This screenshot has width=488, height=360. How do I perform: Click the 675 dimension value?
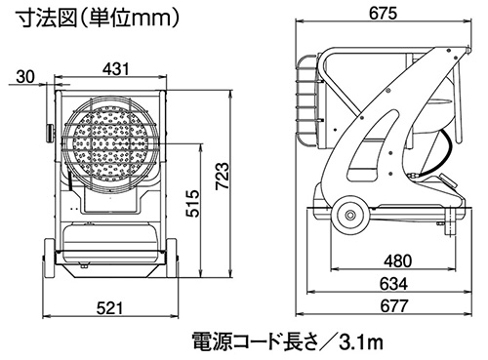tap(383, 13)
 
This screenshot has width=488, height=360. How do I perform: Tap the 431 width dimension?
tap(116, 69)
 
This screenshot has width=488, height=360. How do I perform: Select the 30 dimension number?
tap(25, 77)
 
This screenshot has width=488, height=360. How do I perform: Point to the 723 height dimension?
tap(223, 176)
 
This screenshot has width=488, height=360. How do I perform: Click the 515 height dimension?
tap(192, 203)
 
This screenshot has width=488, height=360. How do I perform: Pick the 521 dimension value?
tap(110, 307)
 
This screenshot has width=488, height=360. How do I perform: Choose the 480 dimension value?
tap(397, 260)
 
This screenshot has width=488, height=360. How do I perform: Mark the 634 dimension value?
tap(393, 284)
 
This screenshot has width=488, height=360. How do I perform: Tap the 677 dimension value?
tap(393, 306)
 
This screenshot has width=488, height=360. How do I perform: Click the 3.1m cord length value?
tap(361, 342)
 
